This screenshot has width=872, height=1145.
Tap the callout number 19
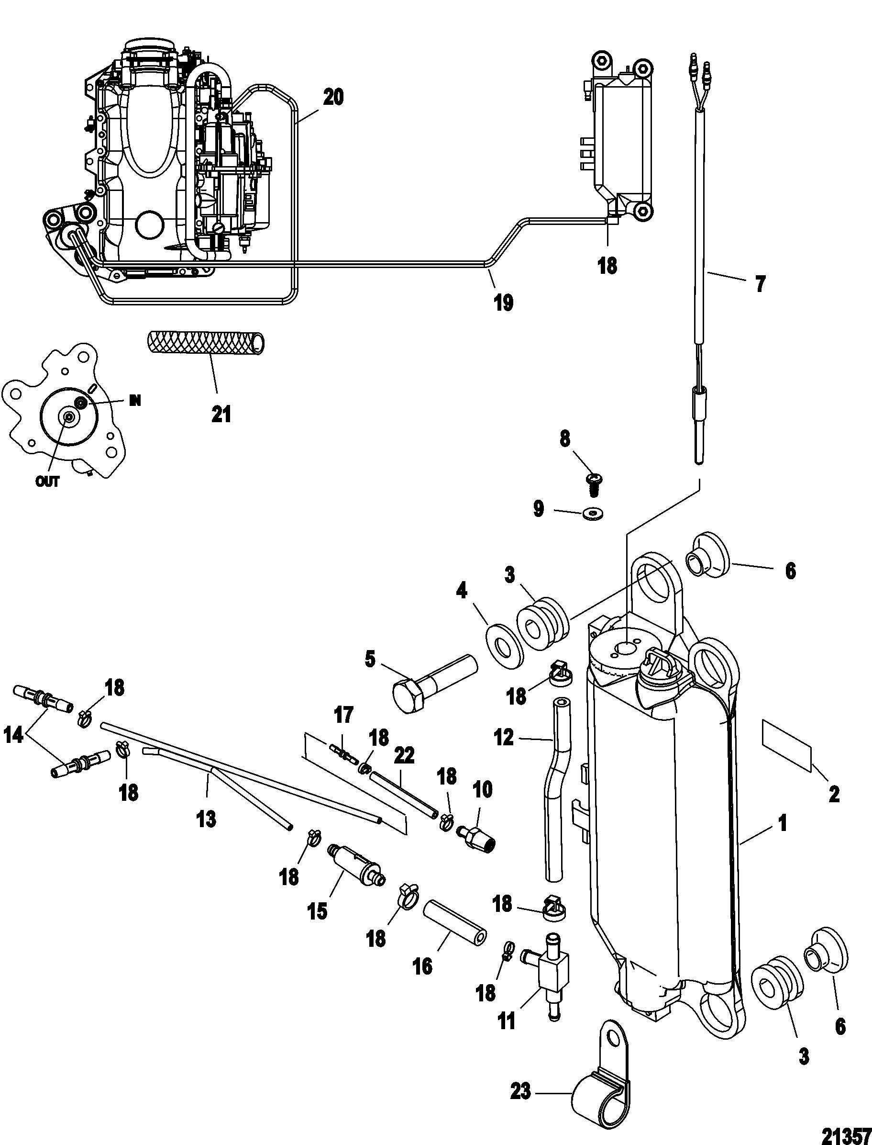[504, 302]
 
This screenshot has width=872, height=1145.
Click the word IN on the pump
[134, 401]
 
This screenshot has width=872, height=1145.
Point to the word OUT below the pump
[47, 482]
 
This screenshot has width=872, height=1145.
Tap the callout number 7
[761, 284]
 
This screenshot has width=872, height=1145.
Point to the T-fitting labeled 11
[554, 966]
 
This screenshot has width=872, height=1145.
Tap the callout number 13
[207, 819]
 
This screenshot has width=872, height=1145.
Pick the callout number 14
[14, 735]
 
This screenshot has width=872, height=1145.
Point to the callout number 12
[504, 737]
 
